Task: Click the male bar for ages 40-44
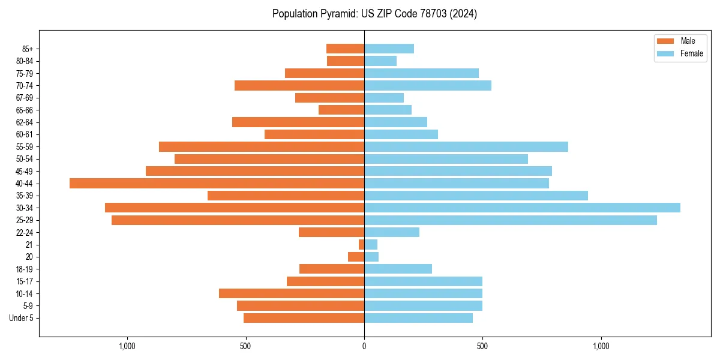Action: (217, 183)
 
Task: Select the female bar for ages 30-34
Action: (522, 208)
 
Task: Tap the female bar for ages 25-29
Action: (510, 220)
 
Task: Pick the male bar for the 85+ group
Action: (345, 49)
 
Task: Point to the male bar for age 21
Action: (361, 245)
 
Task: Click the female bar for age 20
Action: (371, 257)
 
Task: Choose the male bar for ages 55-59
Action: (262, 146)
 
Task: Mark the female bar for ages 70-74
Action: (427, 85)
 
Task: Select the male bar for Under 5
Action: (304, 318)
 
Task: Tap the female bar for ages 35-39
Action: (476, 196)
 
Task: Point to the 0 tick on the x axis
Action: (364, 346)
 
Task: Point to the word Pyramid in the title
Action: (340, 14)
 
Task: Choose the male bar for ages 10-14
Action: (292, 293)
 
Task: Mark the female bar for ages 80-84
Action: (380, 61)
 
